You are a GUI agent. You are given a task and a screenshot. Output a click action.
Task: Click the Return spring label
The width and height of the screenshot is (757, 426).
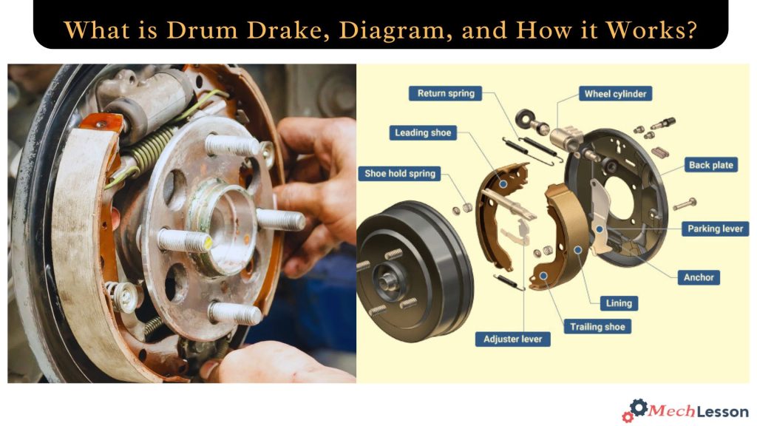point(446,94)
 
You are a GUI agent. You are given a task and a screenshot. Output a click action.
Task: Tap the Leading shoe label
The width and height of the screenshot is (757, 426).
point(422,133)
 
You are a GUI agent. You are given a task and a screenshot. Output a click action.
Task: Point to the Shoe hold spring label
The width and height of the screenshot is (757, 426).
point(400,174)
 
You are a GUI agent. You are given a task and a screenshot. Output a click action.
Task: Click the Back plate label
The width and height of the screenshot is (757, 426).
point(710,165)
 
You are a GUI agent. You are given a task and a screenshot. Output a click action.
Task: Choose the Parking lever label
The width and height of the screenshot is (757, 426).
point(714,229)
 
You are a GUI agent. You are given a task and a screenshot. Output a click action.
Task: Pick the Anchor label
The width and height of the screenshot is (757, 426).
point(699,277)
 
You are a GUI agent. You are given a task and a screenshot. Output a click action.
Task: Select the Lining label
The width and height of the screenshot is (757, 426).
point(619,302)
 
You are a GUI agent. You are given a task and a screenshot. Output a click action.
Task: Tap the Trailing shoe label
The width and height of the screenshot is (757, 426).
point(597,326)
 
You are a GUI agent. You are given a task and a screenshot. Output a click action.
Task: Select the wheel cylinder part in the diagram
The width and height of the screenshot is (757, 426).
point(568,138)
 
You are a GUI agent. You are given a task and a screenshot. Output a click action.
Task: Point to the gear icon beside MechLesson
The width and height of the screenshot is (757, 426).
point(637,409)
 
